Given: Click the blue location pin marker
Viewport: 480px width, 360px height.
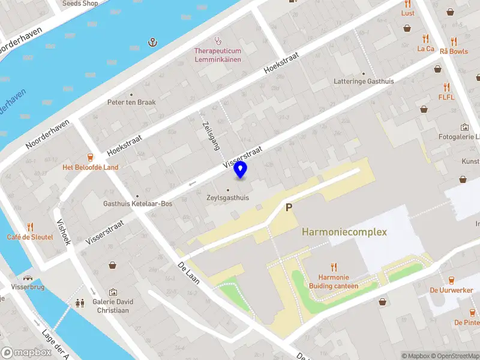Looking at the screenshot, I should click(x=240, y=170).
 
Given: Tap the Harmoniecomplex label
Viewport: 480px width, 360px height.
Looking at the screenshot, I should click(x=344, y=232).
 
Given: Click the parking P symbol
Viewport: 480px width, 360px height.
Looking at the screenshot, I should click(x=289, y=208).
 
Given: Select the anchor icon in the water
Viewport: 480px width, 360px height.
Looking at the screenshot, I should click(x=152, y=42).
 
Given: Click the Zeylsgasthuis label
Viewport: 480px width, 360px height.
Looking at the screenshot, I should click(x=227, y=197).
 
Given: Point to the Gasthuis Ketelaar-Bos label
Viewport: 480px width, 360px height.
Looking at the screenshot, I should click(x=137, y=204).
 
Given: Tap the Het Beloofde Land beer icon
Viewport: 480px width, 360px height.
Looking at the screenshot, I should click(x=91, y=158).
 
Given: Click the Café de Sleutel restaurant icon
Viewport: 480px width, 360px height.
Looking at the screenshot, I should click(x=30, y=227).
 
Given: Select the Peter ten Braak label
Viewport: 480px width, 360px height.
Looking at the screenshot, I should click(x=131, y=102).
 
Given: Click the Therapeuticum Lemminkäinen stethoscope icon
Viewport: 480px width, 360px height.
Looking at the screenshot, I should click(x=217, y=41).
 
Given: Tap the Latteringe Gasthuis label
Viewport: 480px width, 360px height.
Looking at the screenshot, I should click(x=364, y=80).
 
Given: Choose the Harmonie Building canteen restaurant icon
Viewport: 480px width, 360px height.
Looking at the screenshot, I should click(x=334, y=268).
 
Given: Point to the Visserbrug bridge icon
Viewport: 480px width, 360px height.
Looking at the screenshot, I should click(x=28, y=278).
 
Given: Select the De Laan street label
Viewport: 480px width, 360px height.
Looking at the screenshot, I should click(x=189, y=273).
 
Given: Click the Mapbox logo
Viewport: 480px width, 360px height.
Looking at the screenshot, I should click(x=26, y=353).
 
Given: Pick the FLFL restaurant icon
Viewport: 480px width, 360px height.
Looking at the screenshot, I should click(x=446, y=87).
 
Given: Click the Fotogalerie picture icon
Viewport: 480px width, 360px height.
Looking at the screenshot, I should click(x=464, y=127).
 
